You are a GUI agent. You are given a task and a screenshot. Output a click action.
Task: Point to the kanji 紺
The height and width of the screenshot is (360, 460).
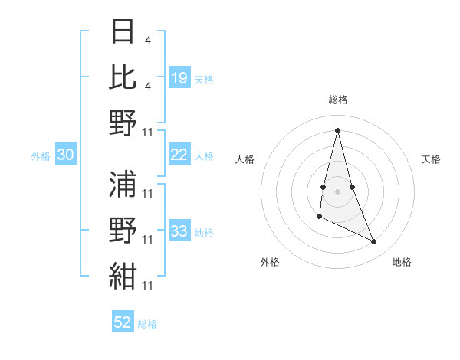[123, 273]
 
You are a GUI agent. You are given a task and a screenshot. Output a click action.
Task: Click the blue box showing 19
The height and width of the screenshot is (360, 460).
[179, 78]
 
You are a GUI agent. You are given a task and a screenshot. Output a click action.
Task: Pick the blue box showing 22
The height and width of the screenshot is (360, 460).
[179, 155]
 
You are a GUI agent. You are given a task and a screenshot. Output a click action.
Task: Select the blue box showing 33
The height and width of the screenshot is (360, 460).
[179, 231]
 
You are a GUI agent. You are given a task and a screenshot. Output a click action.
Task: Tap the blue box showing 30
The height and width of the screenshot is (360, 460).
[65, 155]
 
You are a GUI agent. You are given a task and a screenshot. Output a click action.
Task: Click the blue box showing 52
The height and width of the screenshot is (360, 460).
[123, 322]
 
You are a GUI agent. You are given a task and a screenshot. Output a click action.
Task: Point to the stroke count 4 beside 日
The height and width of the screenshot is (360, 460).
[158, 41]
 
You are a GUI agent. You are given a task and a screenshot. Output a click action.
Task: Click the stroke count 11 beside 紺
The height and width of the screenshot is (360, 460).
[149, 286]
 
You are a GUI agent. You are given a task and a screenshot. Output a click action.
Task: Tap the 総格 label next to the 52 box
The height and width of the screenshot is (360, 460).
[147, 324]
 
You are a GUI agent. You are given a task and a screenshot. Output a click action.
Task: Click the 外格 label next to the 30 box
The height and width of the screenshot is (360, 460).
[41, 156]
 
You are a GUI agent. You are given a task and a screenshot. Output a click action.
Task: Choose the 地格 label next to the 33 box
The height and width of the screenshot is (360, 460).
[204, 233]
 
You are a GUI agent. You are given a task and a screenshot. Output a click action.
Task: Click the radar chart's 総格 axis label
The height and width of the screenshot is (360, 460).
[338, 100]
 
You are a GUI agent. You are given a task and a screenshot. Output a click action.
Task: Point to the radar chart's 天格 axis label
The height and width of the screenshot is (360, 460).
[432, 160]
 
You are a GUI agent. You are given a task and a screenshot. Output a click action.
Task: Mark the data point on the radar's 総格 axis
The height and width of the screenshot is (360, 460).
[338, 129]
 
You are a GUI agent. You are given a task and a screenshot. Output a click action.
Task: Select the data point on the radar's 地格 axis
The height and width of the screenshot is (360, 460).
[374, 242]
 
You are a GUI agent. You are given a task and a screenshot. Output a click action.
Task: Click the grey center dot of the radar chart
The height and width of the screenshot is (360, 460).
[338, 191]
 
